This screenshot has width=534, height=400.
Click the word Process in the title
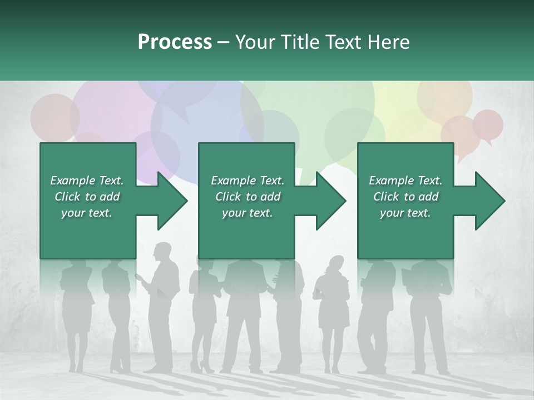pos(175,42)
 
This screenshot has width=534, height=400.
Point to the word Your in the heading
pos(256,42)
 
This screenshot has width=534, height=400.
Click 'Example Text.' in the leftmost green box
pos(87,181)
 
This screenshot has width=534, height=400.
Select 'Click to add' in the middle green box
pos(248,197)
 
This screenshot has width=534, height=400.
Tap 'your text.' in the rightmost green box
pos(406,213)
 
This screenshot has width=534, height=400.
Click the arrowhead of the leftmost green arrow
pos(172,201)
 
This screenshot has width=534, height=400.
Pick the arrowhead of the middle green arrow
pos(332,201)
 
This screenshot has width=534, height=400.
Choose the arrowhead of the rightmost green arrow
pos(490,201)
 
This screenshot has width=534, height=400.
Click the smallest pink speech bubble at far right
pos(488,124)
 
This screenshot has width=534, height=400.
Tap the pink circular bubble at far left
pos(54,117)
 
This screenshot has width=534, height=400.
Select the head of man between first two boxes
pos(163,251)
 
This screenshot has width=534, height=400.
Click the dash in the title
pos(224,43)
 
